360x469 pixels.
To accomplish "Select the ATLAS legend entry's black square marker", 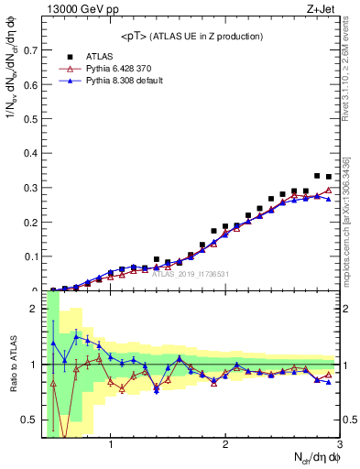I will (68, 56).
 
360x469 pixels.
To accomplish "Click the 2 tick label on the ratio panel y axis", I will (35, 309).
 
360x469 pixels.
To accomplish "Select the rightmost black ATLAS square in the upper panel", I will (329, 177).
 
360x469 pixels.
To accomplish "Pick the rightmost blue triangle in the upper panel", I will (329, 199).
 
